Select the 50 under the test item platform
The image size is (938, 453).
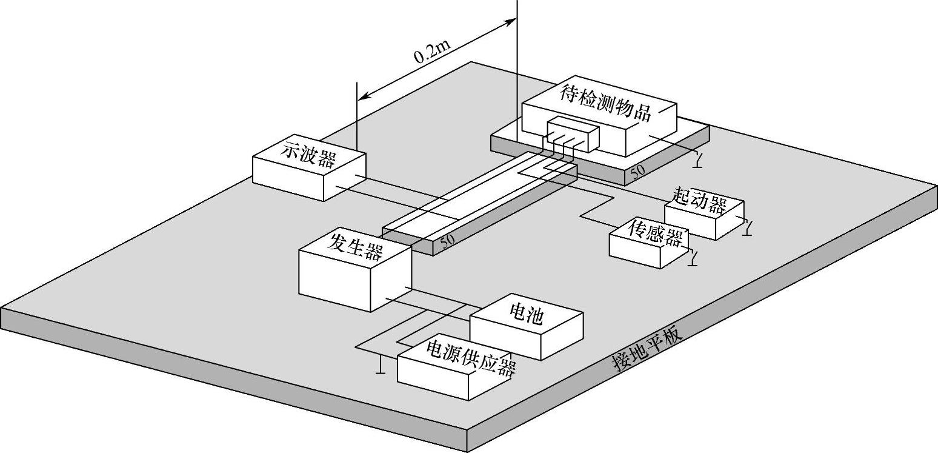click(x=638, y=172)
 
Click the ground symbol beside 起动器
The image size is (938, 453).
click(x=749, y=229)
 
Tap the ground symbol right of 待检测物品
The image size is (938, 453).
click(x=700, y=160)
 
